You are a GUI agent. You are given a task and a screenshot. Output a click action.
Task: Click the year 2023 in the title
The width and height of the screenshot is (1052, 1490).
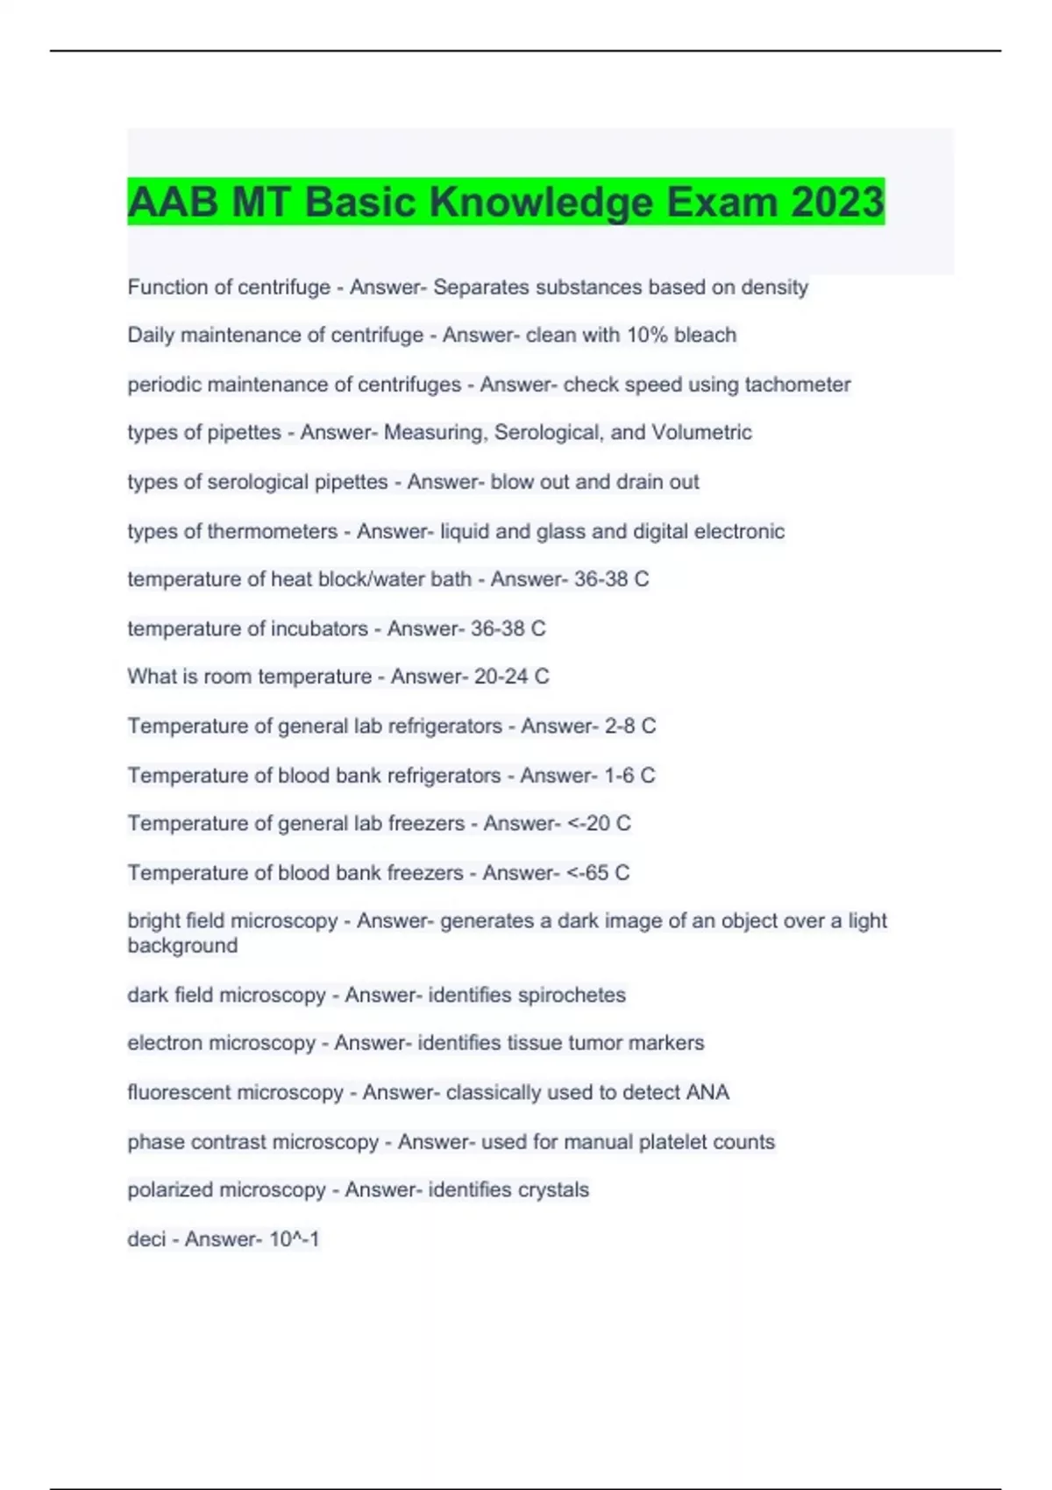coord(836,202)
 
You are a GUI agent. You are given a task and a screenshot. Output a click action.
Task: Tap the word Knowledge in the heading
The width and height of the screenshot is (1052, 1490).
coord(541,203)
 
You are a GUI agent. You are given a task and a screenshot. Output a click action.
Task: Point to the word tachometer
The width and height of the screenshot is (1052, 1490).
coord(797,384)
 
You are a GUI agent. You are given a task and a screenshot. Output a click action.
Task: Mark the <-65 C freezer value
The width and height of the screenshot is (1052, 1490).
coord(598,873)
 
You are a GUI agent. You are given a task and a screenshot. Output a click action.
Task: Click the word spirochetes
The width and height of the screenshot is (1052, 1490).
coord(571,995)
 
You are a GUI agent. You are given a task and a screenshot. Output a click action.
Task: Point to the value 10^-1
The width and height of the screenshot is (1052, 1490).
coord(294,1239)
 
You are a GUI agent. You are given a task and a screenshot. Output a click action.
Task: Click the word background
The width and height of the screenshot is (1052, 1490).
coord(182,946)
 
